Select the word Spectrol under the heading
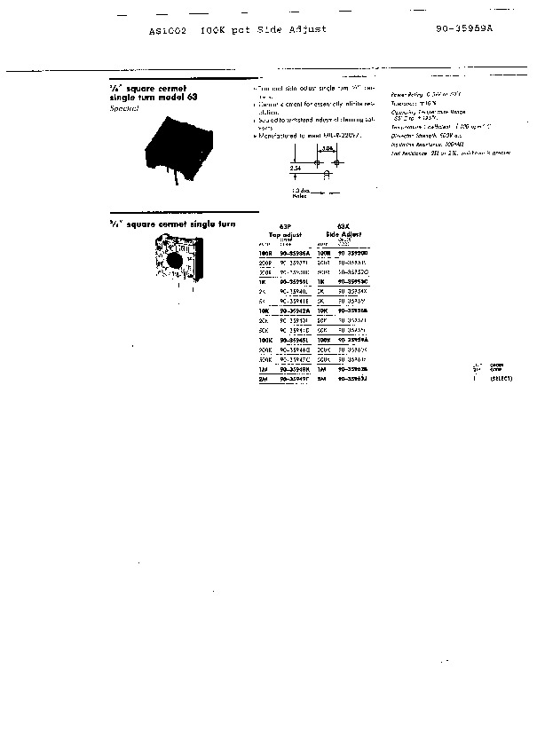(x=123, y=107)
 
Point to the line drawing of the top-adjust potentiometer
(x=177, y=264)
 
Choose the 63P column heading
(x=286, y=225)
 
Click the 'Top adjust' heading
(x=286, y=232)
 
